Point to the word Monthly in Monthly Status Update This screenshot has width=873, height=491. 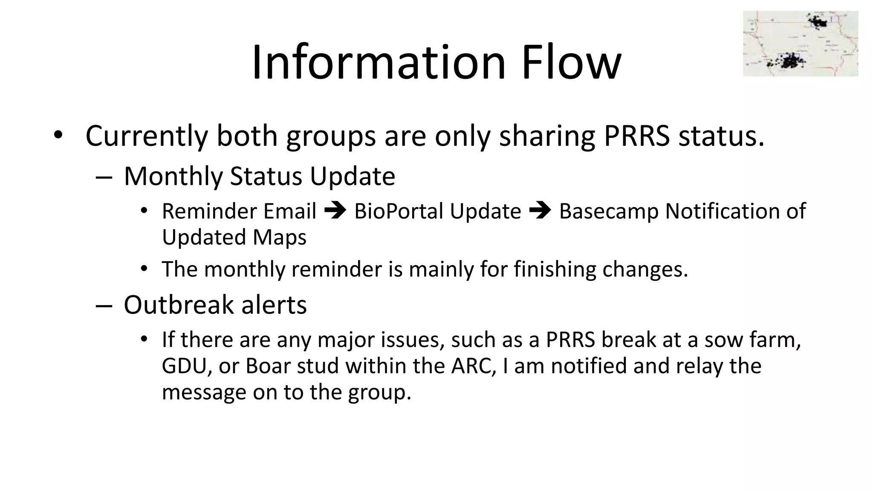click(x=173, y=176)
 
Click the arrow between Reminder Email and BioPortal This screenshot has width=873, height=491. click(x=335, y=211)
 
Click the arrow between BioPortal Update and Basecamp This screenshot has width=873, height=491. click(x=540, y=211)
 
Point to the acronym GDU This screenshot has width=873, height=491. click(x=184, y=366)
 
